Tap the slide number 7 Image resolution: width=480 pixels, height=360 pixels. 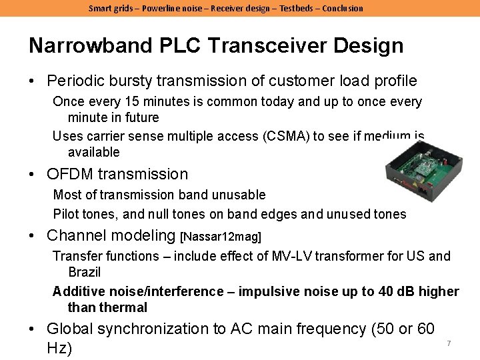tap(449, 343)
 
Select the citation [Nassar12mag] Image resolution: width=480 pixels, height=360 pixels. tap(221, 237)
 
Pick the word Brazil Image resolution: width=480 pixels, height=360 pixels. tap(84, 272)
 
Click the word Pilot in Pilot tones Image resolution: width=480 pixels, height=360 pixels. tap(67, 214)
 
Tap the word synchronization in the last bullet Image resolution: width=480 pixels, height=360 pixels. tap(155, 329)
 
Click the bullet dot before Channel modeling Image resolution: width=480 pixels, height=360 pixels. tap(32, 235)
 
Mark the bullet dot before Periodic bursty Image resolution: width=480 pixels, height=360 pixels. tap(32, 81)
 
